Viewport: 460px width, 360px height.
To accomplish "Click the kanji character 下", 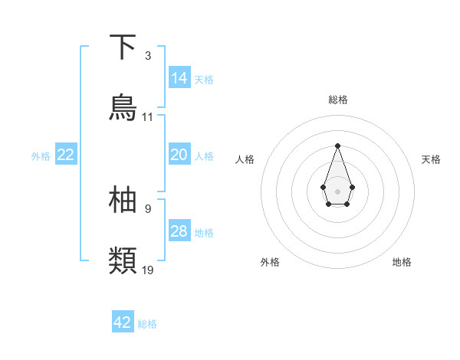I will click(x=123, y=47).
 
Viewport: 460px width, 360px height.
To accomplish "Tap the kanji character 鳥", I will click(x=123, y=107).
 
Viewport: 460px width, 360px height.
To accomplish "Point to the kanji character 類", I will click(x=123, y=260).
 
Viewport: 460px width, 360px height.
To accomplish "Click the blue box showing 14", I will click(x=179, y=77).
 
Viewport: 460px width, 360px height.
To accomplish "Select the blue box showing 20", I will click(x=179, y=155).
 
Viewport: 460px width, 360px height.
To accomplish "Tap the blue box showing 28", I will click(x=179, y=231).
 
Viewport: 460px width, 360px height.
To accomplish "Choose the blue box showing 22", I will click(x=66, y=155).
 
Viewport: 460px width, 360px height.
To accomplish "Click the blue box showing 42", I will click(x=123, y=322).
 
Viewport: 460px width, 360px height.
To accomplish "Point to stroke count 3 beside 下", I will click(x=148, y=56).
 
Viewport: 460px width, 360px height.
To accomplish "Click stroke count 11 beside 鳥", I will click(x=148, y=117).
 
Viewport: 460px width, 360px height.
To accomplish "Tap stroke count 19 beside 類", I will click(x=148, y=270).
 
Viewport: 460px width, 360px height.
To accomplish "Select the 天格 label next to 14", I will click(x=204, y=79).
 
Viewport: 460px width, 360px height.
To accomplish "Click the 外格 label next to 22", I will click(x=41, y=156).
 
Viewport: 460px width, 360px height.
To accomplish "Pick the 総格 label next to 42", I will click(x=147, y=324).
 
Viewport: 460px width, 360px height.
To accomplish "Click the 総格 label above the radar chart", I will click(x=337, y=100).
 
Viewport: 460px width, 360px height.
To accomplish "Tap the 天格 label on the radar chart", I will click(x=432, y=159).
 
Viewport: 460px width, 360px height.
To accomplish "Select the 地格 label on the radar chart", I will click(x=402, y=262).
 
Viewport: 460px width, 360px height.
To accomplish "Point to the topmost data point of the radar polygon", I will click(x=337, y=146).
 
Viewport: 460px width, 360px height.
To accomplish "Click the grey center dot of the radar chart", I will click(x=337, y=190).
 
